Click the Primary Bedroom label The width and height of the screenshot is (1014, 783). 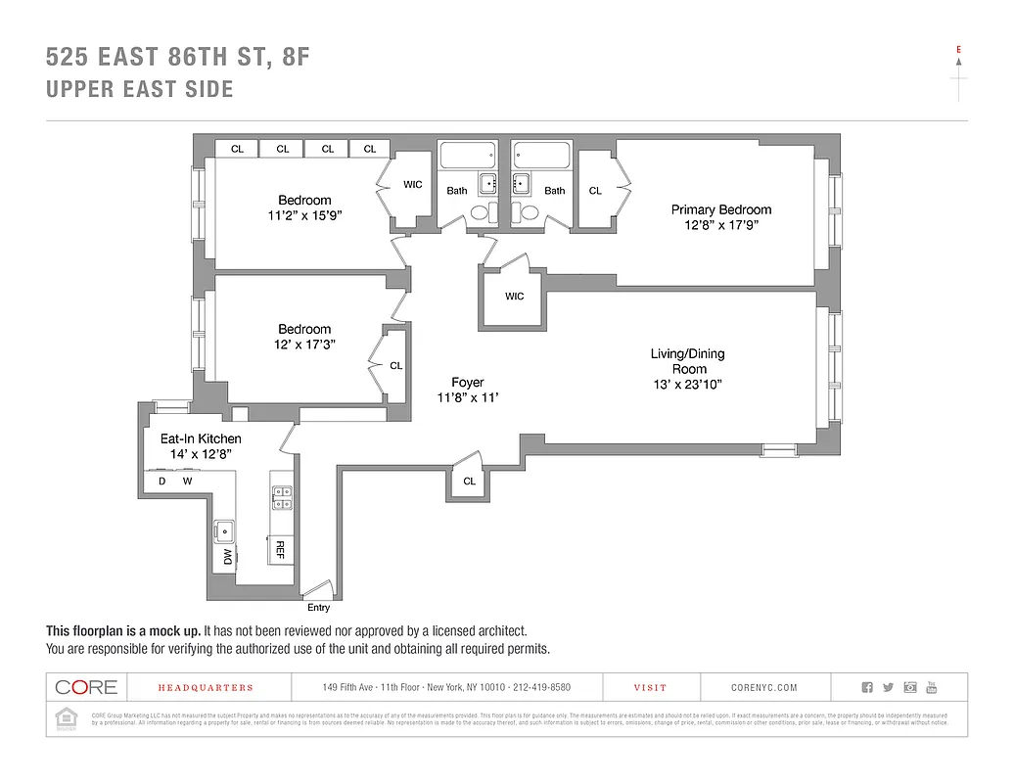click(x=720, y=209)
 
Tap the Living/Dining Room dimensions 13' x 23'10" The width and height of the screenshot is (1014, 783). click(x=687, y=386)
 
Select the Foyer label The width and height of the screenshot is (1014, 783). click(x=468, y=382)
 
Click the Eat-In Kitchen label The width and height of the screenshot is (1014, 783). click(x=201, y=438)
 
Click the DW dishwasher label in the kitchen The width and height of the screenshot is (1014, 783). click(x=227, y=556)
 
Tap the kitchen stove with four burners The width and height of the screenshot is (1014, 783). click(x=281, y=498)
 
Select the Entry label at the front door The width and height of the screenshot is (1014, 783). click(x=318, y=607)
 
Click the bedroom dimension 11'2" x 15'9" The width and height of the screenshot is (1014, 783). click(x=304, y=216)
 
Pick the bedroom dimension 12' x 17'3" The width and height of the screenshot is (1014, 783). click(x=304, y=345)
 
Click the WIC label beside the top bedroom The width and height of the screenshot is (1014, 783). click(x=413, y=184)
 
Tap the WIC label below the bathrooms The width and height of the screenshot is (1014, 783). click(x=514, y=297)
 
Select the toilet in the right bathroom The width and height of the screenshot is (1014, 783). click(x=530, y=212)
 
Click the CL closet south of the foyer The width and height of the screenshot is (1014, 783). click(x=470, y=481)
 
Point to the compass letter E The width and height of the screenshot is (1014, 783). click(x=958, y=49)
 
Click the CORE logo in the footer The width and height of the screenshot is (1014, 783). click(x=86, y=687)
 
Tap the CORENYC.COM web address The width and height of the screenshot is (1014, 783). click(x=764, y=688)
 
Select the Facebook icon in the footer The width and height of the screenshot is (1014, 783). click(x=866, y=687)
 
